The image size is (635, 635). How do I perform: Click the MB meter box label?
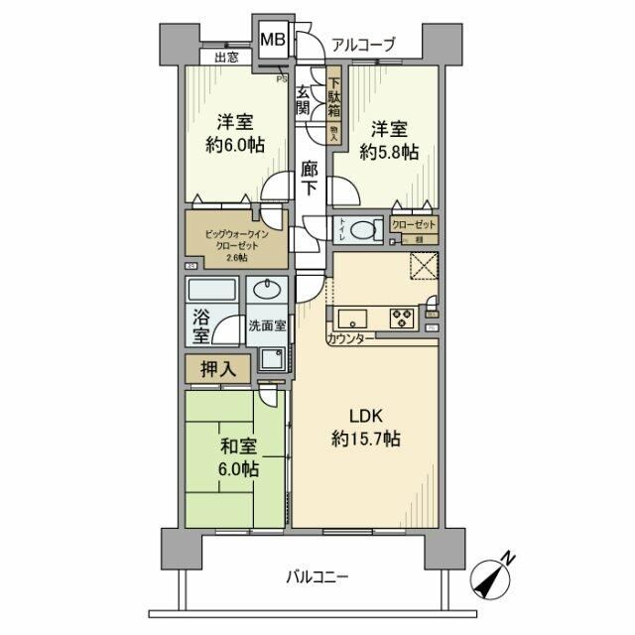(x=273, y=42)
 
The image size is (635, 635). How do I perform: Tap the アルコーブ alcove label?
(x=363, y=44)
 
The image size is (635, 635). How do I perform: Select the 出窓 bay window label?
(x=226, y=59)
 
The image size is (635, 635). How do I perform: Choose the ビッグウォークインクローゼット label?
(x=237, y=244)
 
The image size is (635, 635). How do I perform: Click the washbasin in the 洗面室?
(x=267, y=290)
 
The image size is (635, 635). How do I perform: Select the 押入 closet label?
(x=219, y=369)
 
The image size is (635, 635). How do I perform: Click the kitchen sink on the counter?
(x=352, y=319)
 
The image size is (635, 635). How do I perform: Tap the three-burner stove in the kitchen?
(x=403, y=319)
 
